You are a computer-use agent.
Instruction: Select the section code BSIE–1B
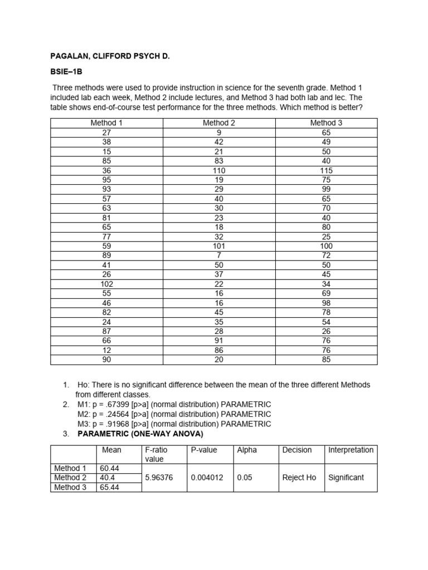point(66,72)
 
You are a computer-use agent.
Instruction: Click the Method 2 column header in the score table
point(218,123)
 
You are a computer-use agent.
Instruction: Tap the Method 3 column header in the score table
point(326,123)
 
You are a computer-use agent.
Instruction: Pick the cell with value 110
point(218,170)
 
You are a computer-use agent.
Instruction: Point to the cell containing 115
point(326,170)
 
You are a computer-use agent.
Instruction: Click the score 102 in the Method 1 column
point(106,284)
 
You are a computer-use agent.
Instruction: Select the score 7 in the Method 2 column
point(218,255)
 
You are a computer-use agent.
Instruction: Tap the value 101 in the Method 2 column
point(218,246)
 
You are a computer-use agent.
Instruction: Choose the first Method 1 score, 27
point(106,132)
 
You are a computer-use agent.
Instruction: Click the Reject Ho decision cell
point(299,478)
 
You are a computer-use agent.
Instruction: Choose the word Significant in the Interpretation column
point(346,478)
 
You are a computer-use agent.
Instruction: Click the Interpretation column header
point(351,450)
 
